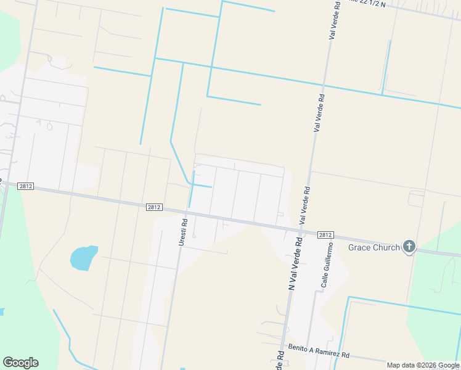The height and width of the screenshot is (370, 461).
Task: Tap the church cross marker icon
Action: pos(409,247)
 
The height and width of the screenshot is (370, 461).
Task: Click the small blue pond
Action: pos(84,257)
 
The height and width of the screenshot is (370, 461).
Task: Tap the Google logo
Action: pos(20,363)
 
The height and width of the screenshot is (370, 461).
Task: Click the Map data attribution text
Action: pos(422,365)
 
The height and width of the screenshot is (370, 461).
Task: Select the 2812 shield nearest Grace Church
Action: pos(325,235)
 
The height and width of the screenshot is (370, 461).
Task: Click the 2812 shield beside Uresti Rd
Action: pos(154,208)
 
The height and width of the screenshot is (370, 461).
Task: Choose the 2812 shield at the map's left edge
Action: pos(25,186)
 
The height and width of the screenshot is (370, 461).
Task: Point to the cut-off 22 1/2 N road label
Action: pos(366,3)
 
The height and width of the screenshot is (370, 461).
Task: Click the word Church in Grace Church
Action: pos(386,247)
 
